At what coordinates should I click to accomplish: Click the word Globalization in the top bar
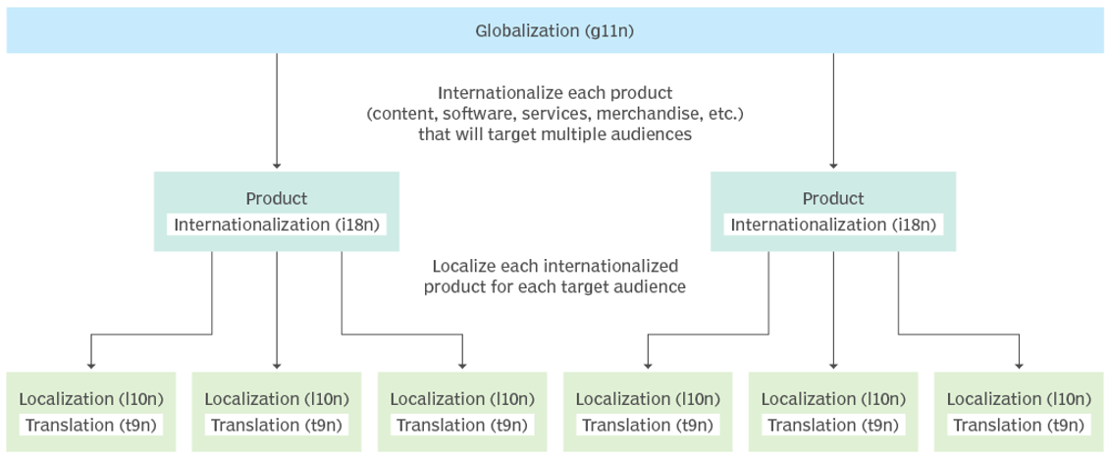527,30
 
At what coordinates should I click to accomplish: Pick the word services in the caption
561,115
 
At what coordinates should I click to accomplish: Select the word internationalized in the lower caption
614,266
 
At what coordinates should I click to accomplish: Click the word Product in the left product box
277,198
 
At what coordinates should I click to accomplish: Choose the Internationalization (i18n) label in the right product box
832,225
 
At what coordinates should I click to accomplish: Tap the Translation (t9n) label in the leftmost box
90,425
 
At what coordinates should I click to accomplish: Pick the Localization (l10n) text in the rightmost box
1019,399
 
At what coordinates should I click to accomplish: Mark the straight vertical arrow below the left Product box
277,309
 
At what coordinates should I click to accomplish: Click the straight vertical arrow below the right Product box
833,309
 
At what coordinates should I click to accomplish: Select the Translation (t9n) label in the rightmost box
1019,425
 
